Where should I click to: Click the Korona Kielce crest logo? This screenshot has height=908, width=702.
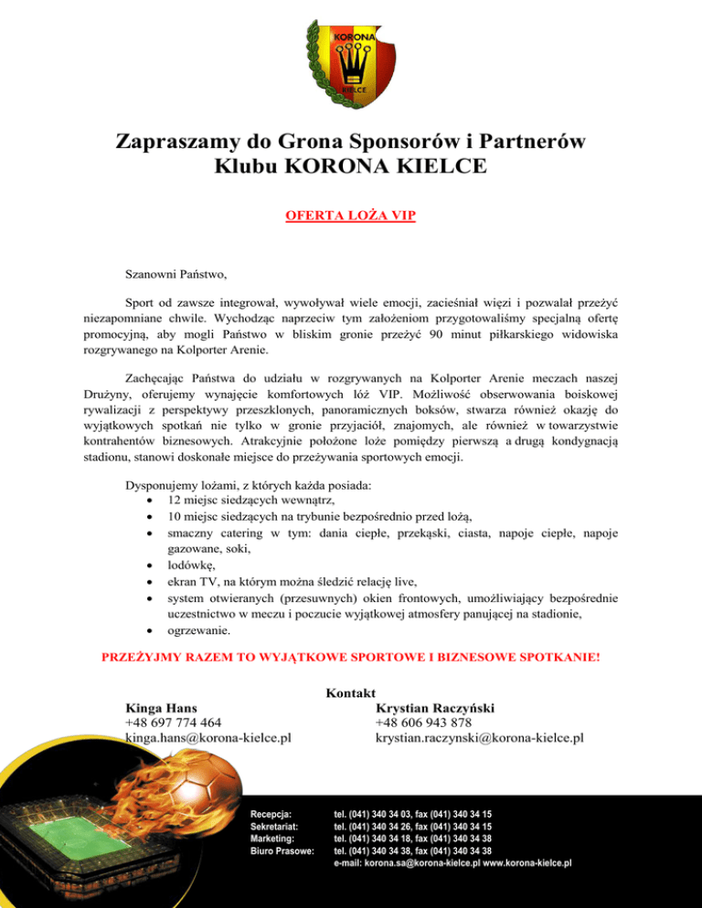tap(350, 64)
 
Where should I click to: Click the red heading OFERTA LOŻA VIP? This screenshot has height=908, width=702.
tap(350, 217)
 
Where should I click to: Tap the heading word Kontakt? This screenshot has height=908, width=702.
tap(351, 695)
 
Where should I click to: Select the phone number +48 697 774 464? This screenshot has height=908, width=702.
tap(173, 723)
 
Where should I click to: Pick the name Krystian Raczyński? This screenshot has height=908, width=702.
tap(438, 708)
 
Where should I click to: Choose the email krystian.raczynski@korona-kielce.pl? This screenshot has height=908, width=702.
tap(480, 737)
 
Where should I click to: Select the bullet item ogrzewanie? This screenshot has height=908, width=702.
tap(198, 629)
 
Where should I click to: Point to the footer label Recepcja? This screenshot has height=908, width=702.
tap(271, 812)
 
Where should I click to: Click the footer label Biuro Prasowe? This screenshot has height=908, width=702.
tap(282, 850)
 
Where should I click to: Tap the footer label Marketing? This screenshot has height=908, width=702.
tap(271, 838)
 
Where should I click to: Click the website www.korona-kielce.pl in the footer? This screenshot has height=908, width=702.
tap(527, 863)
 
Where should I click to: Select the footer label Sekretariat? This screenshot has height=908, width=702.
tap(274, 825)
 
